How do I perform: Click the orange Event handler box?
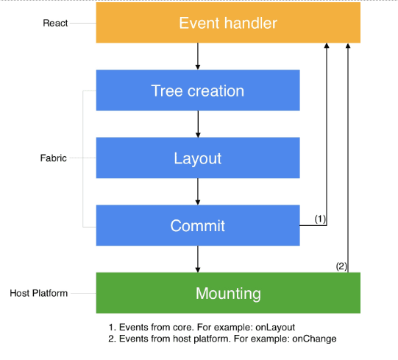pyautogui.click(x=228, y=23)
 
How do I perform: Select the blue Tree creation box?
pyautogui.click(x=197, y=91)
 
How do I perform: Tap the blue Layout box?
pyautogui.click(x=197, y=158)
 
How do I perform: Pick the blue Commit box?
pyautogui.click(x=197, y=225)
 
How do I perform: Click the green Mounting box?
pyautogui.click(x=228, y=293)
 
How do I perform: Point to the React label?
pyautogui.click(x=55, y=23)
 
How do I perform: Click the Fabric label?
pyautogui.click(x=53, y=158)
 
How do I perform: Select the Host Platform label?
pyautogui.click(x=39, y=293)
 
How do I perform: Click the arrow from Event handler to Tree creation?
pyautogui.click(x=198, y=57)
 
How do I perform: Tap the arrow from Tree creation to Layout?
pyautogui.click(x=198, y=124)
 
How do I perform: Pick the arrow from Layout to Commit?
pyautogui.click(x=198, y=191)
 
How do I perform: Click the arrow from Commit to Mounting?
pyautogui.click(x=198, y=259)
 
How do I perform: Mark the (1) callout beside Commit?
pyautogui.click(x=320, y=219)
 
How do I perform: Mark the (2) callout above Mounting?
pyautogui.click(x=341, y=266)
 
